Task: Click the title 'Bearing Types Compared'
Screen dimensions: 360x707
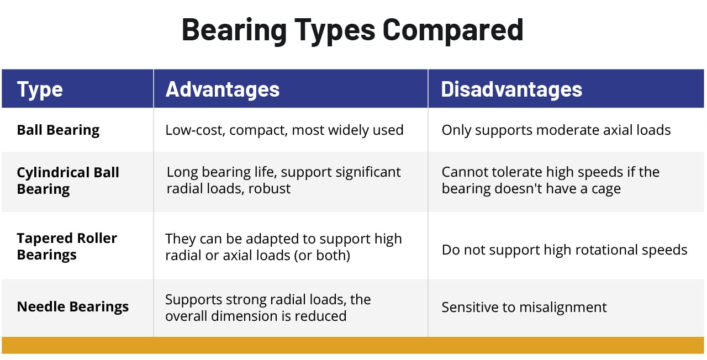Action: pos(352,30)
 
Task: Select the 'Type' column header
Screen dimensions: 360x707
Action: pos(40,89)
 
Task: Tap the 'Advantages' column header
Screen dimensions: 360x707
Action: pos(223,89)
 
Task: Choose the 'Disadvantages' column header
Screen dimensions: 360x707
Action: pos(511,89)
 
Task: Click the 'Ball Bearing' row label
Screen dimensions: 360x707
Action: pos(58,130)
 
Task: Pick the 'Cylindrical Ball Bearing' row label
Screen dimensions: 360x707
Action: pos(68,181)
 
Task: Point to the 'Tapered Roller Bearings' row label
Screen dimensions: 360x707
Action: pos(67,246)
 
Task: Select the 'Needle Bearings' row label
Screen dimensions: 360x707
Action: pos(73,307)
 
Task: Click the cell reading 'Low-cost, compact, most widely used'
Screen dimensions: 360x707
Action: pos(284,130)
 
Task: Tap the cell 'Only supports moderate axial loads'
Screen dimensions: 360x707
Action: pos(556,130)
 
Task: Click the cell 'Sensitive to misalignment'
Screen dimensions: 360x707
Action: pos(524,308)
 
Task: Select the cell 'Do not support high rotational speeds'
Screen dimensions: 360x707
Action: pos(564,250)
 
